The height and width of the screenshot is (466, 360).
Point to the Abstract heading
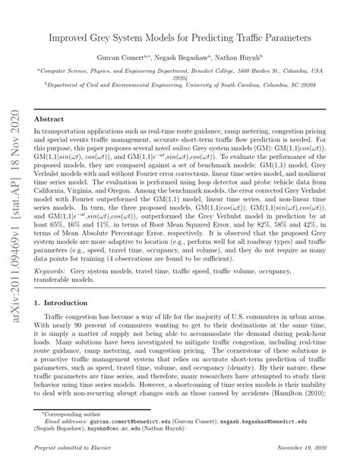tap(50, 119)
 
